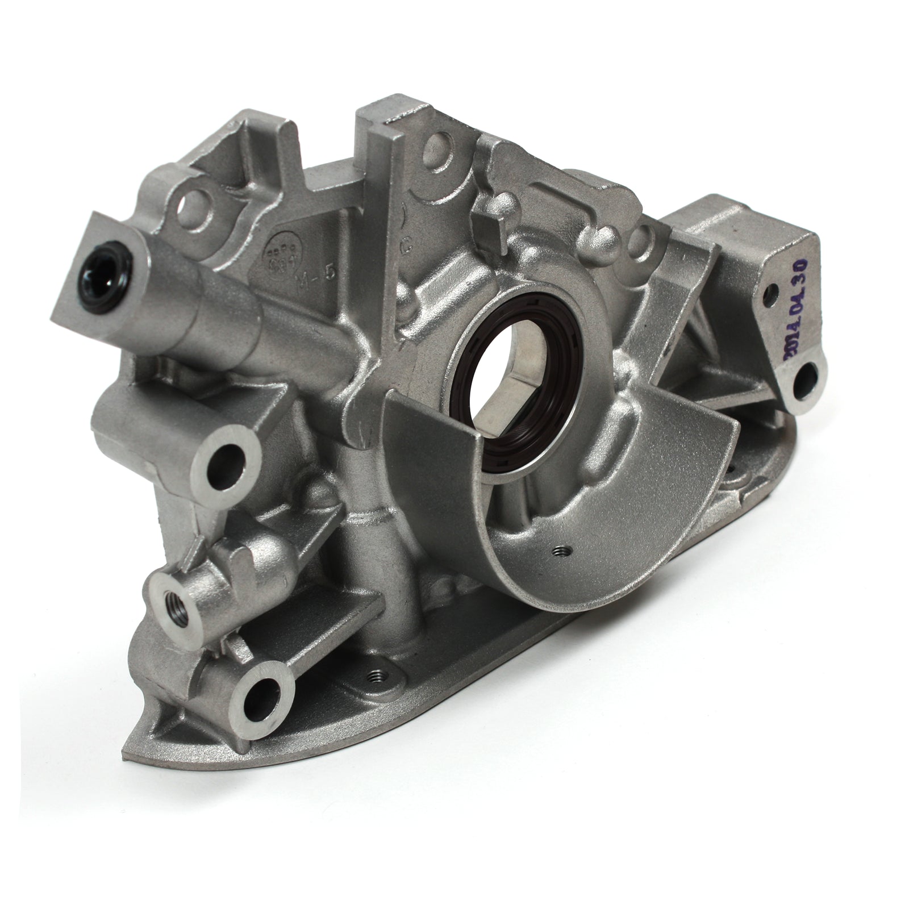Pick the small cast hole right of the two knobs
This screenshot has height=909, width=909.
point(647,234)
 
